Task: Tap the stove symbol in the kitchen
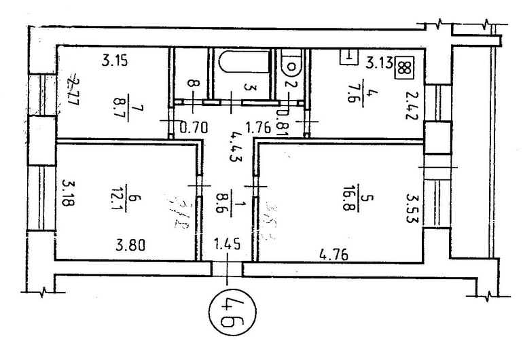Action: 405,66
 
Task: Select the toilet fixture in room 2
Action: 291,65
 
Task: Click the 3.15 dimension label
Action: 115,61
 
